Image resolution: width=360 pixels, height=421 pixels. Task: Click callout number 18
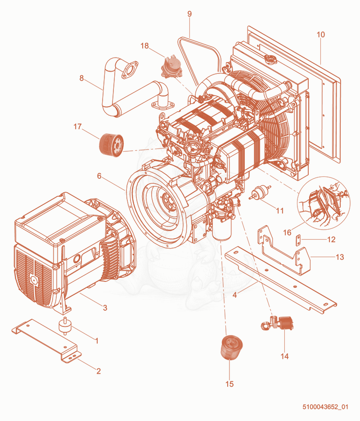[144, 46]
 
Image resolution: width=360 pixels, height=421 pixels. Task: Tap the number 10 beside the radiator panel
[320, 35]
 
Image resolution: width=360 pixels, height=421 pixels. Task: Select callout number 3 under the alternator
[105, 308]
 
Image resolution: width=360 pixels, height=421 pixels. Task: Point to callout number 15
[229, 384]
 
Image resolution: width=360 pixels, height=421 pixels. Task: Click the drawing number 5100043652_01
[325, 407]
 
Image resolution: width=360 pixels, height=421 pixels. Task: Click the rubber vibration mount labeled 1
[64, 326]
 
